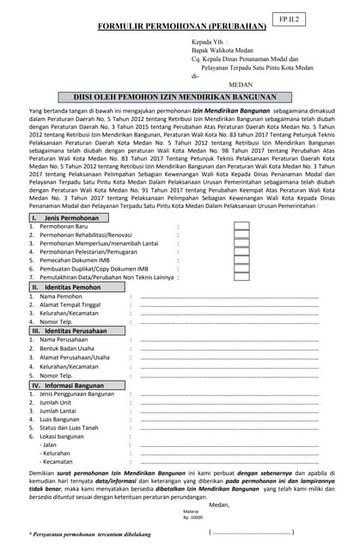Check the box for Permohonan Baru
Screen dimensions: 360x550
241,227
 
